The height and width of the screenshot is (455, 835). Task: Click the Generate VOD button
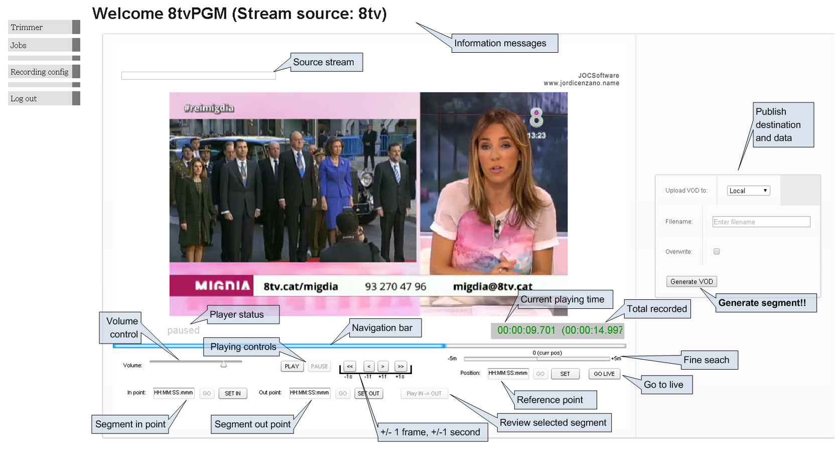tap(691, 282)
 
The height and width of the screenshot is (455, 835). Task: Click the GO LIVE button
tap(604, 374)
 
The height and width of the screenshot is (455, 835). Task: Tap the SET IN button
tap(232, 393)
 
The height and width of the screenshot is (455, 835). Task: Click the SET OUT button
tap(369, 393)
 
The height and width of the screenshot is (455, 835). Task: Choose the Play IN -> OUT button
tap(424, 393)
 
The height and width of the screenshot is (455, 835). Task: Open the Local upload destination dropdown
tap(748, 191)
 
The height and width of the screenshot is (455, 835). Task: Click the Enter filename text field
tap(761, 222)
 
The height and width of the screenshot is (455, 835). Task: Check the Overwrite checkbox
tap(717, 252)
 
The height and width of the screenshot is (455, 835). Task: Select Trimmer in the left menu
tap(40, 27)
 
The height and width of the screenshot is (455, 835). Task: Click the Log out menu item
tap(40, 98)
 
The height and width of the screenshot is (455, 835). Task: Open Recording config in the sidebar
tap(40, 72)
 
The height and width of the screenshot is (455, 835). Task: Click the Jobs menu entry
tap(40, 45)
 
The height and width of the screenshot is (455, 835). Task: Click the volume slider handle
tap(224, 365)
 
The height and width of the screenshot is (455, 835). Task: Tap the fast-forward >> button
tap(400, 366)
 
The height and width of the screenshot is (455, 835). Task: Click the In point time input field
tap(174, 393)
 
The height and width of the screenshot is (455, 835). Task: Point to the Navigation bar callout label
tap(382, 328)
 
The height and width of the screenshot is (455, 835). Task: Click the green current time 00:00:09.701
tap(526, 330)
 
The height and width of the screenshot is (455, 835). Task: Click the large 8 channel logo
tap(536, 118)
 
